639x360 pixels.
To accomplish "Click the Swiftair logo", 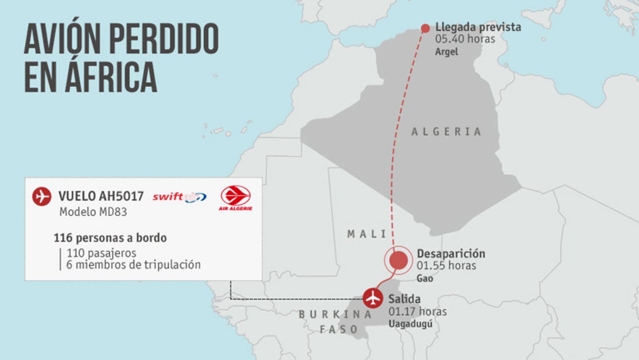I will click(179, 197).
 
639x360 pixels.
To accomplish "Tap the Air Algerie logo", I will click(236, 197).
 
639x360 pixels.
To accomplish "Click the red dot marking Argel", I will click(425, 28).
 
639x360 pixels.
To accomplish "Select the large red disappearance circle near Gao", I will click(398, 261).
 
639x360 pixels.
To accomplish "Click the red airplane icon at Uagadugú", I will click(373, 298).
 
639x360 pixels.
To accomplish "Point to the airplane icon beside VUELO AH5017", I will click(42, 196).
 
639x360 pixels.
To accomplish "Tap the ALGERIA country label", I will click(446, 132).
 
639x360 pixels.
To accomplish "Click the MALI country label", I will click(367, 234).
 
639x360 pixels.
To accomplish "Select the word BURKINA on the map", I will click(335, 315).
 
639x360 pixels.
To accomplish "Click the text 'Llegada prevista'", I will click(478, 27).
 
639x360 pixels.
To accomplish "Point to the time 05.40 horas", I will click(465, 39).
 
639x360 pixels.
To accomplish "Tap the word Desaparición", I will click(451, 254).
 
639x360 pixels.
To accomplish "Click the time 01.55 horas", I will click(446, 266).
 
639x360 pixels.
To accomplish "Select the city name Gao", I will click(425, 278).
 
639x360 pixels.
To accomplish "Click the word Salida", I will click(404, 299).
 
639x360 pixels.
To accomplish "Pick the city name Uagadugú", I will click(410, 324).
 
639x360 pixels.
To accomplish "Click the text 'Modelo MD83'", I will click(93, 212).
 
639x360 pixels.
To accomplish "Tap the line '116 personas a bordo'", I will click(110, 238).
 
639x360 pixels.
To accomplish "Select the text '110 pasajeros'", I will click(101, 253).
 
